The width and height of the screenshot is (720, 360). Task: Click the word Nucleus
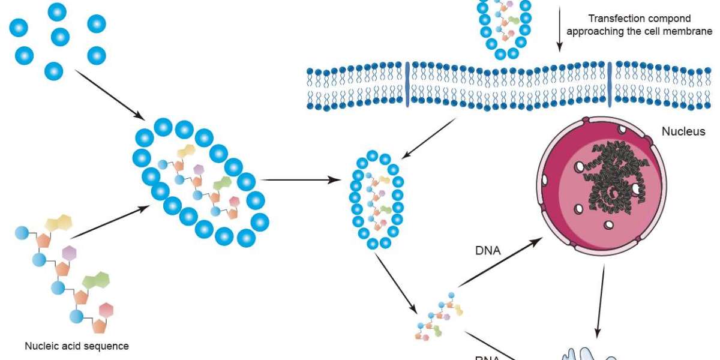coord(684,131)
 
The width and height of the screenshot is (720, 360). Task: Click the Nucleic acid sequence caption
coord(77,346)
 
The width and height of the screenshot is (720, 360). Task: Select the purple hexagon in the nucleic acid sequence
coord(70,253)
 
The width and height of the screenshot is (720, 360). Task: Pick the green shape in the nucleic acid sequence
coord(96,280)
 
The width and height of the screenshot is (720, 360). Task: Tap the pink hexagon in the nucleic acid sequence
coord(106,311)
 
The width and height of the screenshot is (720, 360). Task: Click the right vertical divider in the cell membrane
coord(611,84)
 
